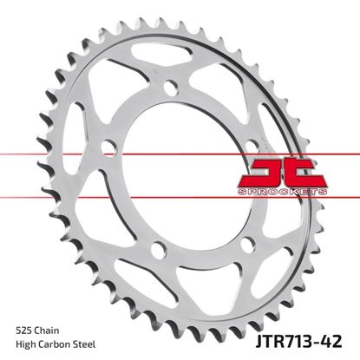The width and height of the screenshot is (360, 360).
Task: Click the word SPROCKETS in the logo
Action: tap(295, 187)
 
